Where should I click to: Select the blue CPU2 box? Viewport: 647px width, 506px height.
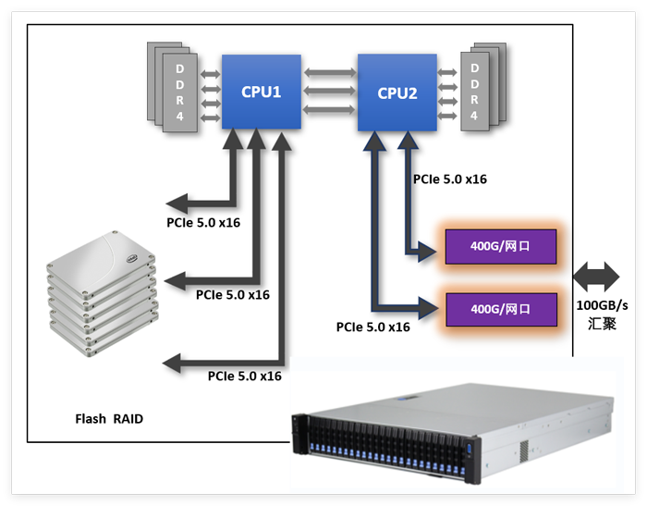click(397, 93)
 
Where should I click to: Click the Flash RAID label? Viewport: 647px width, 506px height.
click(109, 419)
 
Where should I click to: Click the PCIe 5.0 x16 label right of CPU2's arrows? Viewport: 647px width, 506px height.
click(450, 179)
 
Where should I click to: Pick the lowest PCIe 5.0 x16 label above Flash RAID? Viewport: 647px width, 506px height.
click(245, 376)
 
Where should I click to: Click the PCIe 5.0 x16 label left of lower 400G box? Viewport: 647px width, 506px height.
click(373, 327)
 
